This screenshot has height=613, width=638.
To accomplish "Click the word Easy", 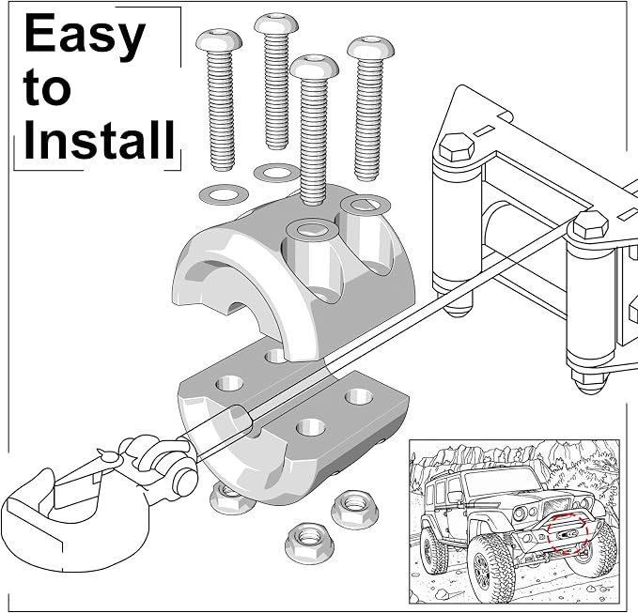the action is [85, 37].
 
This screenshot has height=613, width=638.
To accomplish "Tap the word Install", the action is [100, 139].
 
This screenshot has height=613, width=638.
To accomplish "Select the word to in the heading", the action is [47, 88].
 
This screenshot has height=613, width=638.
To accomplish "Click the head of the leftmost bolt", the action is [219, 40].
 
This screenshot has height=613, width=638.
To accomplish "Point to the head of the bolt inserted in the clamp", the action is [314, 67].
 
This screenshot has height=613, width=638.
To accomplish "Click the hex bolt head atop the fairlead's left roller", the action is [458, 147].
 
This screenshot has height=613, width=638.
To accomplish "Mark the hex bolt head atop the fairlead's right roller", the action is [590, 224].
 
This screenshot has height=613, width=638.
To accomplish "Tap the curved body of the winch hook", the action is [61, 529].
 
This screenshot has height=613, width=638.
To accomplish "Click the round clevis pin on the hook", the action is [185, 478].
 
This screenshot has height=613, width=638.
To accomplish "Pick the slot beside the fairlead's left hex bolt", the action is [485, 130].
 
